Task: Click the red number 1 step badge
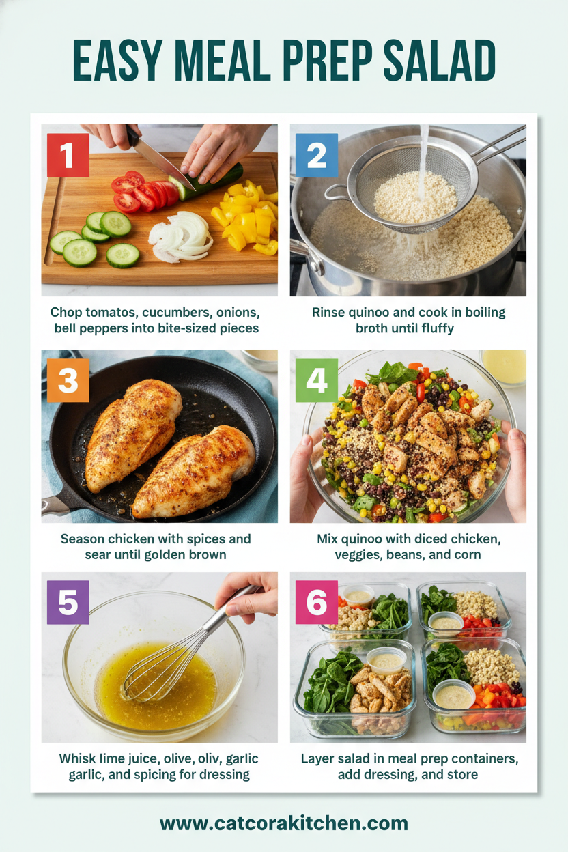pos(68,155)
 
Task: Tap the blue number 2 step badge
pos(316,155)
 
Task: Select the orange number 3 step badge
pos(68,380)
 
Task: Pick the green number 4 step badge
pos(316,380)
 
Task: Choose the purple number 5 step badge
pos(68,602)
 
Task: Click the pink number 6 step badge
pos(316,602)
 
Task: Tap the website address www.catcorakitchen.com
pos(283,823)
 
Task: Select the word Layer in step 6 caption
pos(319,758)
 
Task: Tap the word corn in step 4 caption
pos(466,554)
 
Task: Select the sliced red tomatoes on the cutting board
pos(142,192)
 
